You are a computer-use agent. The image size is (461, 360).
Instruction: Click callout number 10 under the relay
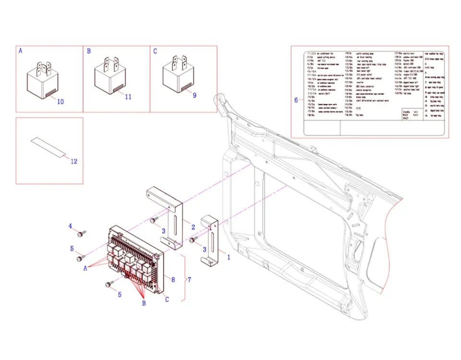60,102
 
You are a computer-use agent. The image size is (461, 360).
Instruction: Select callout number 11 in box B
128,96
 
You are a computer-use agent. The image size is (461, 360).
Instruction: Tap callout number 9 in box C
194,95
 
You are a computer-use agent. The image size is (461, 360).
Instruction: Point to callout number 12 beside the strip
73,161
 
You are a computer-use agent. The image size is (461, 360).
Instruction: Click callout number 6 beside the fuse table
296,100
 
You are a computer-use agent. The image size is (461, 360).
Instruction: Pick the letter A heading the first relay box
20,50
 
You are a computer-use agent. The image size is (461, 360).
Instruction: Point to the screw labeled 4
82,234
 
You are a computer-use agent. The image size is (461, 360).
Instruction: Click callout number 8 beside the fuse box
173,279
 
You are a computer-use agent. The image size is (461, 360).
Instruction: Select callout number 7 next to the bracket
189,279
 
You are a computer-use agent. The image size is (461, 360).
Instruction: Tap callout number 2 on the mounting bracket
193,227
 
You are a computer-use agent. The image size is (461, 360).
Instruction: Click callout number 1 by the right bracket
228,257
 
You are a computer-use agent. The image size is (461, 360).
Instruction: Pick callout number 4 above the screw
70,226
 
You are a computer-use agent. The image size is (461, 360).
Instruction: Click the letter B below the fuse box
143,303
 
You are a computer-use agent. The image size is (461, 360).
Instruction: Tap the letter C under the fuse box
167,300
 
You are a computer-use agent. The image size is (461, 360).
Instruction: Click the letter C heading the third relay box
155,50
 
